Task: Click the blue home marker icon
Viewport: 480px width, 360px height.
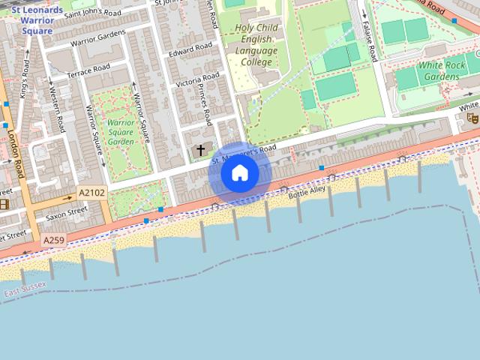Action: pyautogui.click(x=239, y=173)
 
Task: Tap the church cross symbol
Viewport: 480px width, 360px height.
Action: pyautogui.click(x=200, y=151)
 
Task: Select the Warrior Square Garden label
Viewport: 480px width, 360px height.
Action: pyautogui.click(x=121, y=132)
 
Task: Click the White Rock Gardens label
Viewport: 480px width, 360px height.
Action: pyautogui.click(x=442, y=71)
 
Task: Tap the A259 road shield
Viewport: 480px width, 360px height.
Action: pyautogui.click(x=53, y=240)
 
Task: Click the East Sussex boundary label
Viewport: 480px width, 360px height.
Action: pyautogui.click(x=25, y=287)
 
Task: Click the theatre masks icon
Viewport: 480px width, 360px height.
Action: pyautogui.click(x=472, y=117)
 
